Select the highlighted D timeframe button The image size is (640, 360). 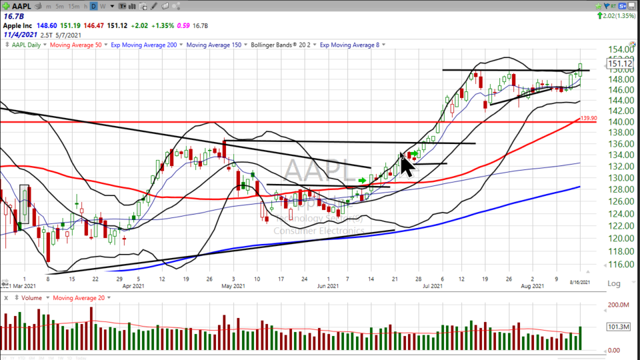click(94, 6)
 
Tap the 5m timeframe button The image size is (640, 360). click(59, 6)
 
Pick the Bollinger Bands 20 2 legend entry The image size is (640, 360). click(283, 45)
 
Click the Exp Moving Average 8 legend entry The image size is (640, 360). click(349, 45)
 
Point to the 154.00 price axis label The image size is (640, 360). click(619, 49)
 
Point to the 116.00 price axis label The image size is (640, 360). click(619, 265)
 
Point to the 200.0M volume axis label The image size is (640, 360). click(619, 305)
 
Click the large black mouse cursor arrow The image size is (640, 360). click(406, 163)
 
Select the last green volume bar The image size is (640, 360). click(580, 338)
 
